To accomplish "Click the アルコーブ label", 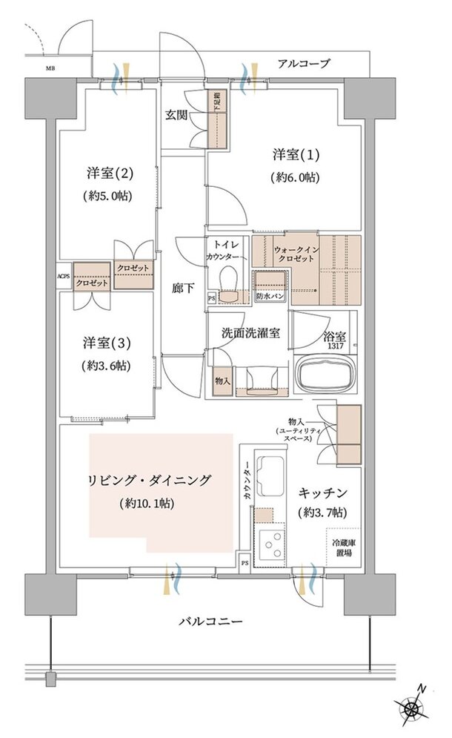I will click(x=304, y=63).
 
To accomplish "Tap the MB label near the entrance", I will click(x=50, y=70).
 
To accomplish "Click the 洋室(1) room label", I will click(x=285, y=155).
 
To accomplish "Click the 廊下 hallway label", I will click(x=185, y=288).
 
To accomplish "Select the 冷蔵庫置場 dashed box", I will click(x=342, y=547).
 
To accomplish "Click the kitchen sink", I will click(x=269, y=472).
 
